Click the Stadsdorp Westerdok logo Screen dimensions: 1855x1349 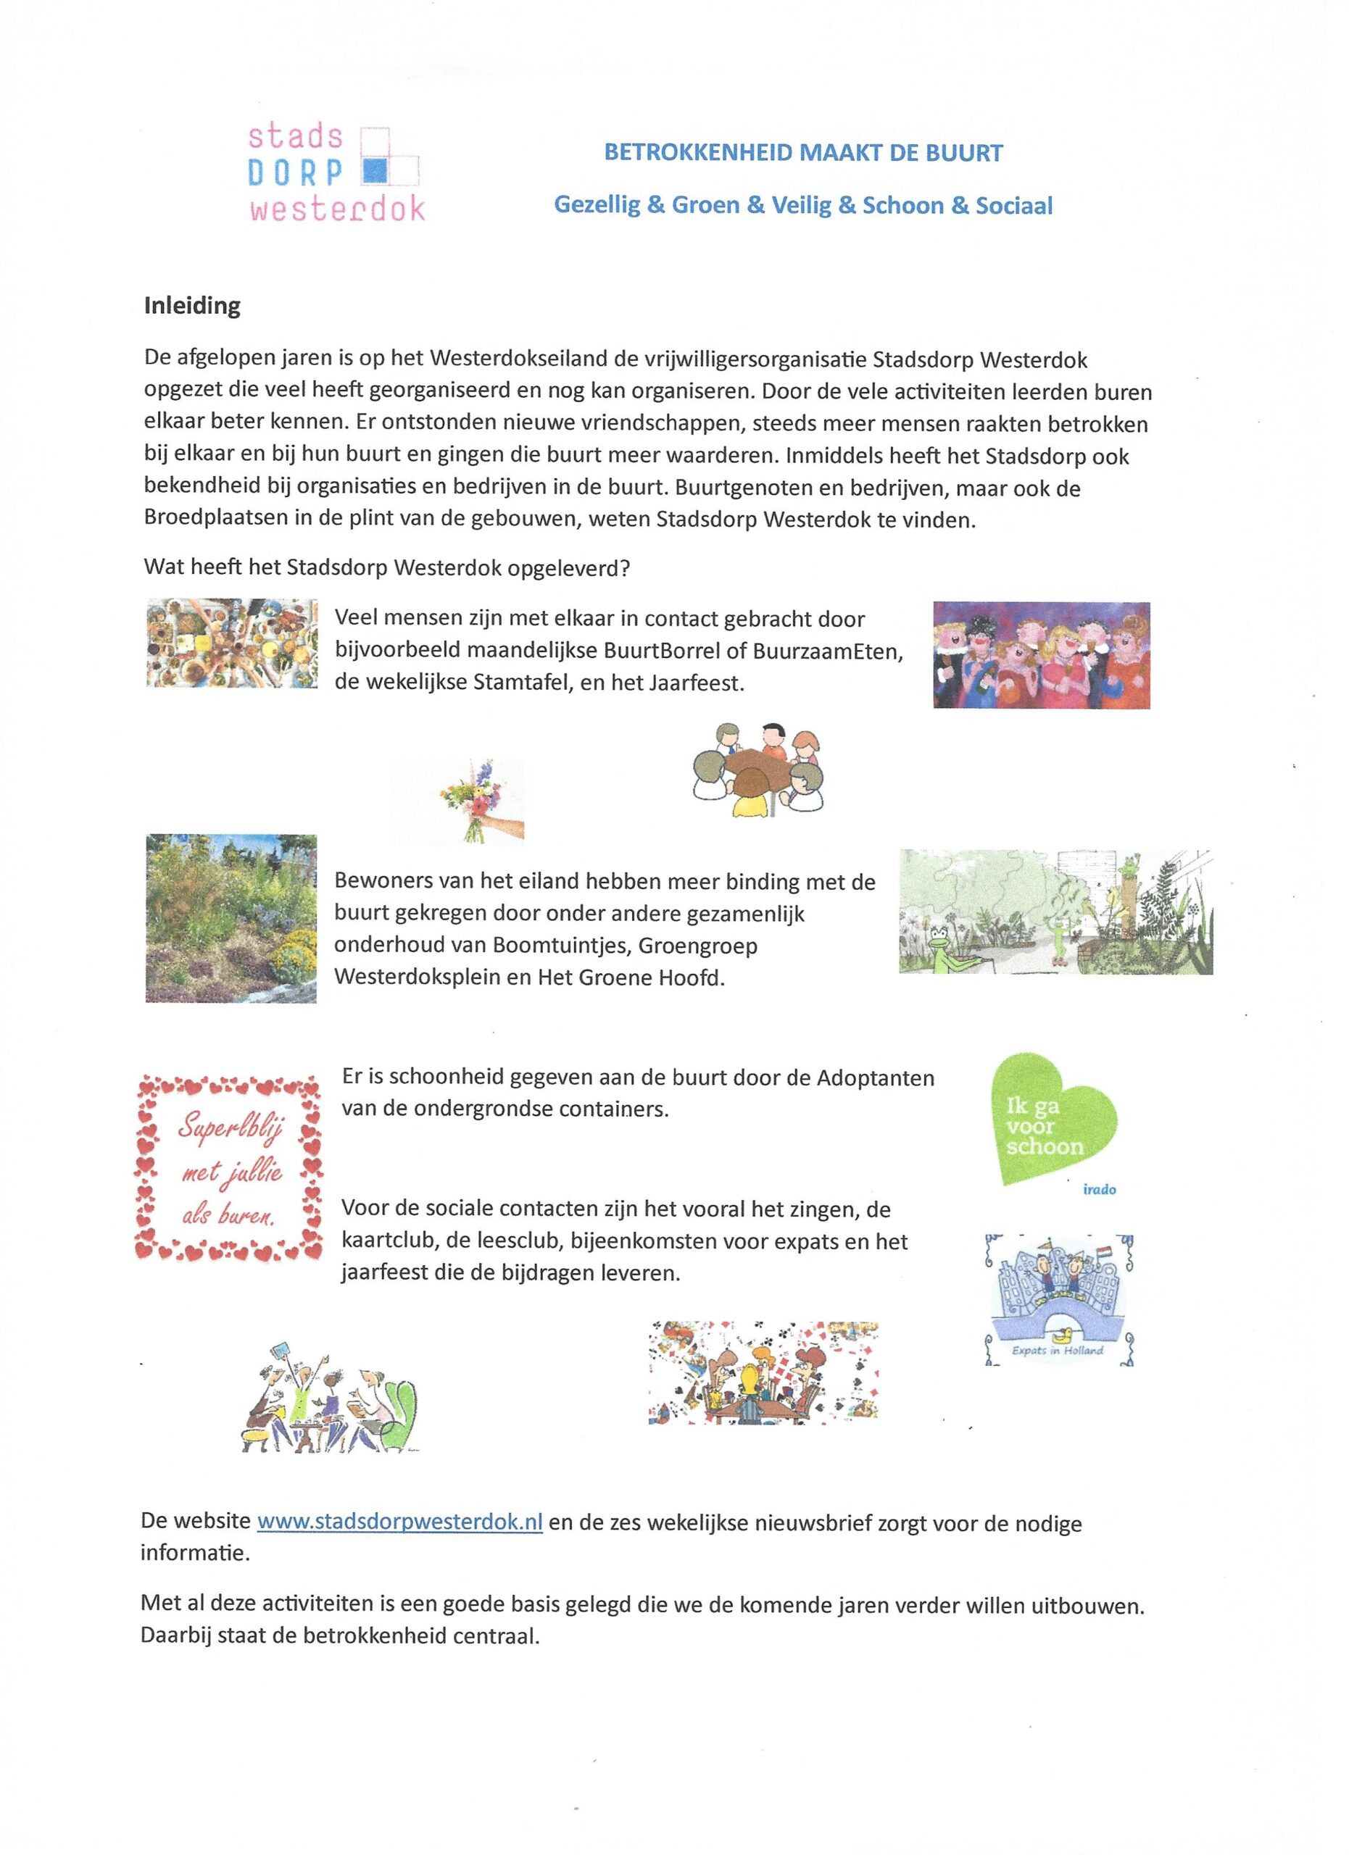[x=336, y=172]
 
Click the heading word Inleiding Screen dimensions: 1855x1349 [x=192, y=306]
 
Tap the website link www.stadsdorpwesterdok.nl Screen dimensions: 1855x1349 [x=400, y=1521]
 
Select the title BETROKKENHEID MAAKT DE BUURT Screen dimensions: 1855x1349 [x=803, y=153]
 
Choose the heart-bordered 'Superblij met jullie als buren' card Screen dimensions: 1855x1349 [x=230, y=1167]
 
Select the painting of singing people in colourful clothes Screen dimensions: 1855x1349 [x=1042, y=655]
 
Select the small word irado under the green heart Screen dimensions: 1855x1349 [x=1099, y=1189]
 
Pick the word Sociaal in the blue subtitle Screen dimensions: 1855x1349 [x=1013, y=205]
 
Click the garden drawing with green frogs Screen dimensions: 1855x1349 [x=1055, y=912]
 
